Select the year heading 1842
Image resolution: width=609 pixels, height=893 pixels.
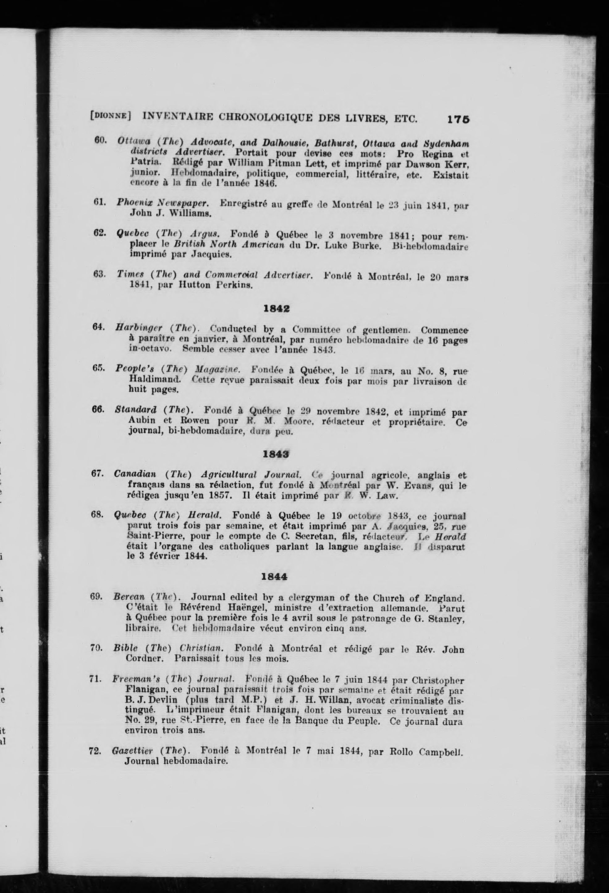point(277,309)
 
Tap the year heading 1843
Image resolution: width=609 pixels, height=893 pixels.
point(276,454)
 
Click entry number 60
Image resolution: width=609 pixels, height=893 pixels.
point(100,141)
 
